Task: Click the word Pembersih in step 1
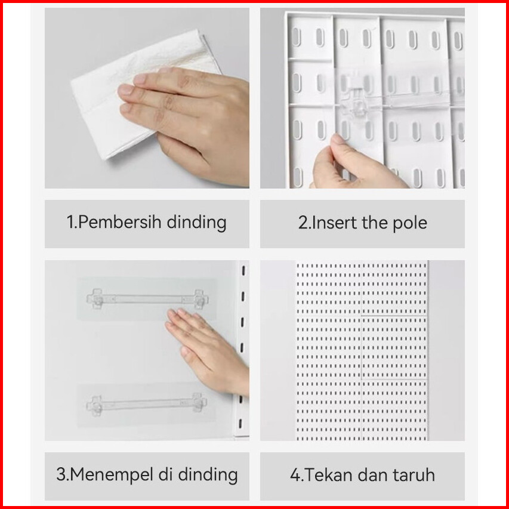pyautogui.click(x=119, y=223)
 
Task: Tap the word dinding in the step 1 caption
pyautogui.click(x=196, y=223)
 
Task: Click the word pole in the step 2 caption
pyautogui.click(x=410, y=224)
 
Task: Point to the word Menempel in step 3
pyautogui.click(x=112, y=474)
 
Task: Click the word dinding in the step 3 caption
pyautogui.click(x=208, y=474)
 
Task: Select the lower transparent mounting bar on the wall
pyautogui.click(x=147, y=404)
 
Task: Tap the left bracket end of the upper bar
pyautogui.click(x=95, y=298)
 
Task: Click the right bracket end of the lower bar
pyautogui.click(x=199, y=403)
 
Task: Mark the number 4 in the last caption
pyautogui.click(x=295, y=475)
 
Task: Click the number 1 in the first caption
pyautogui.click(x=70, y=223)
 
